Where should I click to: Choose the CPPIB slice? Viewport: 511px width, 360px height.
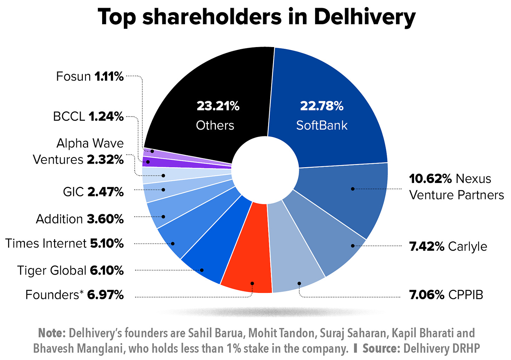(x=295, y=267)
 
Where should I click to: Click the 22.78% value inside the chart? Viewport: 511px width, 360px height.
(x=321, y=106)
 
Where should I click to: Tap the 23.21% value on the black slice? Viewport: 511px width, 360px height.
(x=218, y=106)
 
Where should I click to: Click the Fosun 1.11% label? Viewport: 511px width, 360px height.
(x=90, y=76)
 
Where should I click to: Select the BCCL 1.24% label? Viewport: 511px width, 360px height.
(x=88, y=116)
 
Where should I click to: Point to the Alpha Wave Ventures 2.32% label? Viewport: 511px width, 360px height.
(x=79, y=151)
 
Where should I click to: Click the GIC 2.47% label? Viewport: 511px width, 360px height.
(x=93, y=192)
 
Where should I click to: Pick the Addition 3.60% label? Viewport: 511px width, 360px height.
(x=80, y=219)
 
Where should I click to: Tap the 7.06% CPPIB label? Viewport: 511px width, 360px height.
(x=446, y=294)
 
